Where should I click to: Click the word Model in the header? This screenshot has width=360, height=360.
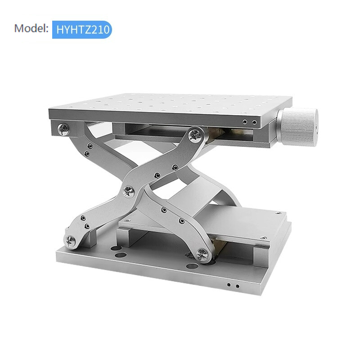click(x=31, y=28)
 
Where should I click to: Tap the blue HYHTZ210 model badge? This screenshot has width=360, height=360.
click(x=81, y=29)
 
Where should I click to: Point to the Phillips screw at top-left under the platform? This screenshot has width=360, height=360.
click(x=63, y=129)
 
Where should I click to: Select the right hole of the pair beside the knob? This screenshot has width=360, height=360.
click(x=255, y=122)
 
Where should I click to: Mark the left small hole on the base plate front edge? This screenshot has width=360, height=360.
click(x=229, y=285)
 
